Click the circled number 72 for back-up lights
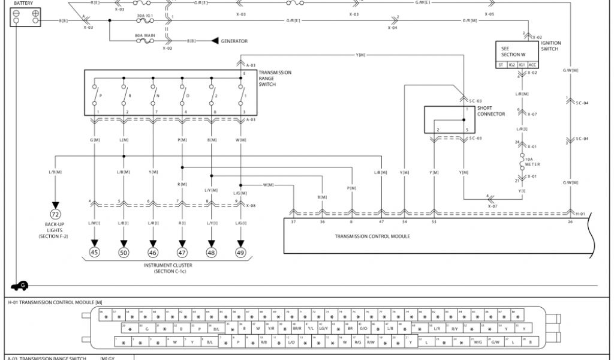55,215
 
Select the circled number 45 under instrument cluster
94,253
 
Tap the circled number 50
124,253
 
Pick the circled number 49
240,253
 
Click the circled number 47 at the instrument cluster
182,253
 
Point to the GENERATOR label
234,41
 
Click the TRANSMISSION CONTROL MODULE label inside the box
372,236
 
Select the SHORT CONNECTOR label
491,112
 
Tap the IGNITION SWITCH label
550,46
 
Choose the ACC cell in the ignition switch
532,65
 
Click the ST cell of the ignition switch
501,65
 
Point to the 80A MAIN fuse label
145,36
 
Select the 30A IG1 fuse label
145,16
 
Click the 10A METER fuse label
533,162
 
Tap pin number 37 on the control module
293,222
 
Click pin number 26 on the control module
570,222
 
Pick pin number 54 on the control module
404,222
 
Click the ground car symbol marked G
20,286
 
